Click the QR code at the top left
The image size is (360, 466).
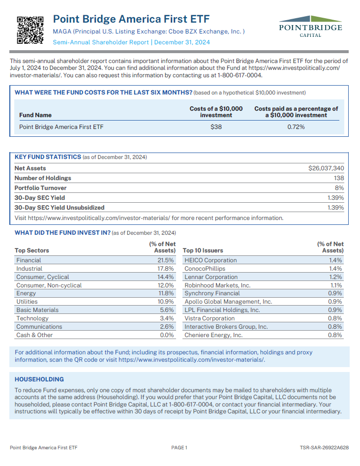[x=30, y=29]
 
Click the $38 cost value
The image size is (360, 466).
[x=216, y=127]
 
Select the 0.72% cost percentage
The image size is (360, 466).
[x=296, y=127]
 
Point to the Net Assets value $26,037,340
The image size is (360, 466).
[x=326, y=168]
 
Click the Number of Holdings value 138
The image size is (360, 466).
[x=338, y=178]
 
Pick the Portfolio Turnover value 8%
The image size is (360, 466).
[x=339, y=188]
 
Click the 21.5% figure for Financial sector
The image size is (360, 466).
[x=166, y=260]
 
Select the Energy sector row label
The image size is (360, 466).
[x=26, y=293]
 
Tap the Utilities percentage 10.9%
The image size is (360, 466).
[x=166, y=302]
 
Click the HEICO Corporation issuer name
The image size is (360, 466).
[x=210, y=260]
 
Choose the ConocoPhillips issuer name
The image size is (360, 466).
[x=205, y=269]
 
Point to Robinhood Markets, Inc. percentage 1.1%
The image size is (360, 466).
[x=336, y=285]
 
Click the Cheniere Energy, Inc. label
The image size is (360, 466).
[x=213, y=335]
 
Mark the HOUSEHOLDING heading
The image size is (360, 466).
[x=39, y=379]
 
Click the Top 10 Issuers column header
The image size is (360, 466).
[x=203, y=250]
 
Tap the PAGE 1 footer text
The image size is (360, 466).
[x=180, y=448]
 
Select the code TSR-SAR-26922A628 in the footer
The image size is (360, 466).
[x=324, y=448]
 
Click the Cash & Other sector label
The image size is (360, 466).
[x=34, y=335]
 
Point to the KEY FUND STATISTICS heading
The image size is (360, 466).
[x=48, y=157]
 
